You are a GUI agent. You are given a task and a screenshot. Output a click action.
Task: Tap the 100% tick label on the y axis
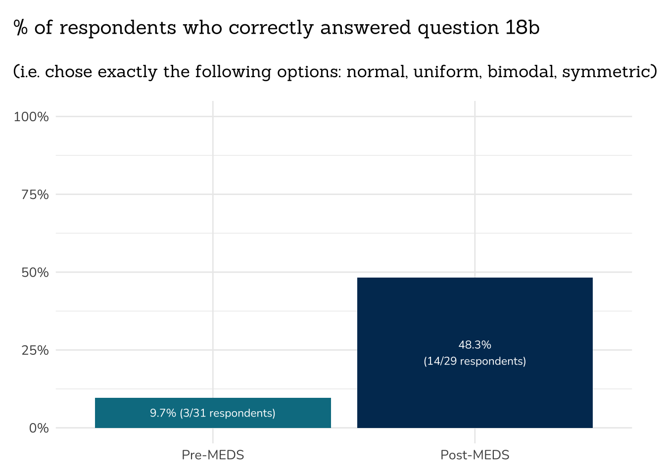[x=31, y=117]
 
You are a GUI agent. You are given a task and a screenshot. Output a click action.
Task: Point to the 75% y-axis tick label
[x=35, y=194]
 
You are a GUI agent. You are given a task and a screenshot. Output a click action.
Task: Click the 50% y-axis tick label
[x=35, y=272]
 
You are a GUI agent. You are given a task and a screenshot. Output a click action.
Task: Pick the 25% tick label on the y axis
[x=35, y=350]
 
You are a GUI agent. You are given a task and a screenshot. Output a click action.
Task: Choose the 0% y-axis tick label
[x=39, y=428]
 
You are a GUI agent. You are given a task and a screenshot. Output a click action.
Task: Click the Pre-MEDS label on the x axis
[x=213, y=455]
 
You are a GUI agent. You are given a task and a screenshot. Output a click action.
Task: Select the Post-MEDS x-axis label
[x=475, y=455]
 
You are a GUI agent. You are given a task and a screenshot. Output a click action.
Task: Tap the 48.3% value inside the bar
[x=475, y=345]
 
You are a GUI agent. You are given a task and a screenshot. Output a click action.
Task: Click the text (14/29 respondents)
[x=475, y=361]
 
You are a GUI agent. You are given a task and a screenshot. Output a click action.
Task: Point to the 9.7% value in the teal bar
[x=163, y=413]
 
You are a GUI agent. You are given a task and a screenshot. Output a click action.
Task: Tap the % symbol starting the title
[x=20, y=28]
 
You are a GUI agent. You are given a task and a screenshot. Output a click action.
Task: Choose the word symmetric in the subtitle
[x=606, y=72]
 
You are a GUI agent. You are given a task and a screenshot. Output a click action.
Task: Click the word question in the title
[x=458, y=28]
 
